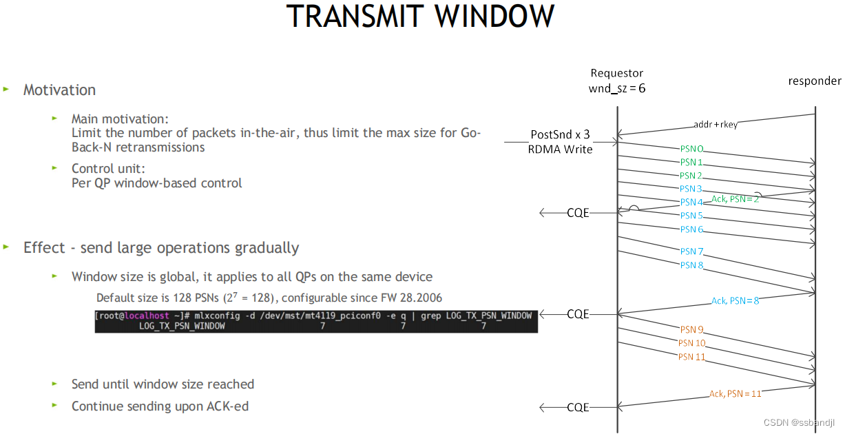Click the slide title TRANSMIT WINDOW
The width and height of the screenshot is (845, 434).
[x=421, y=17]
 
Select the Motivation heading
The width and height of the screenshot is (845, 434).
[x=59, y=90]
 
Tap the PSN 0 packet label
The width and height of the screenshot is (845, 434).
[x=691, y=149]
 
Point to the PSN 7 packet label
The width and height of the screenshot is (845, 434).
[x=691, y=251]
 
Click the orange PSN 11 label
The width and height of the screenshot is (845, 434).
[x=691, y=357]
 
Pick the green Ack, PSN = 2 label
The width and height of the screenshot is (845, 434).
[x=735, y=198]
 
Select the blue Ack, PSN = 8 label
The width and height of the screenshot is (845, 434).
[x=736, y=300]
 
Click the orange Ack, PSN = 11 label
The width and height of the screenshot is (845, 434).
[x=735, y=393]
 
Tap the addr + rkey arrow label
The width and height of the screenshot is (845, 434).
[x=716, y=125]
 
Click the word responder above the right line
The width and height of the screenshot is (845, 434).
[x=815, y=81]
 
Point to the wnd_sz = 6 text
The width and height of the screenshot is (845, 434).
[x=616, y=88]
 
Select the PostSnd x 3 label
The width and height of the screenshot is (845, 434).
[x=560, y=134]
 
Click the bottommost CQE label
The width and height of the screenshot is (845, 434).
[x=578, y=407]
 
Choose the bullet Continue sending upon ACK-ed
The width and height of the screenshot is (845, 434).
[x=160, y=406]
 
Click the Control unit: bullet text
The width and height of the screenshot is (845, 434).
[x=108, y=169]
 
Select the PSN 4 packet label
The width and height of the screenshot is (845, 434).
[x=691, y=203]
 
